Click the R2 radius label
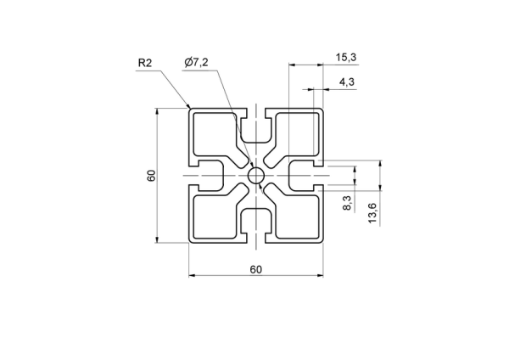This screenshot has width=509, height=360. [x=145, y=63]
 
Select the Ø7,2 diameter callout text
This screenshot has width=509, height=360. [x=196, y=62]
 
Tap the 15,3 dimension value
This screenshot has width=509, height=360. [x=346, y=58]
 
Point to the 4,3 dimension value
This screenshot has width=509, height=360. [x=347, y=82]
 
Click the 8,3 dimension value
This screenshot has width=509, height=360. [x=347, y=203]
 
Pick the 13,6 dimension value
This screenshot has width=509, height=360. [x=372, y=213]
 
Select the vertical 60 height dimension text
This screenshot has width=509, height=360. [x=152, y=176]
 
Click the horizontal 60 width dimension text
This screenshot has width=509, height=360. [x=256, y=270]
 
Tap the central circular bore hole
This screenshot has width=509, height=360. [x=256, y=176]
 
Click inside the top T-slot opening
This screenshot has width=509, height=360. [x=256, y=128]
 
